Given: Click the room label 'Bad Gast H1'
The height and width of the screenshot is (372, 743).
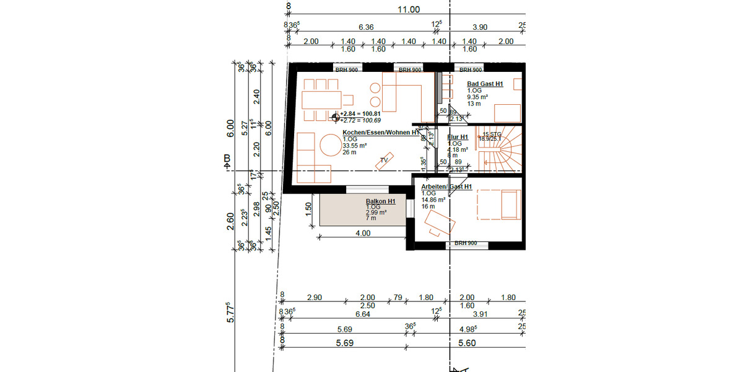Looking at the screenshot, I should [484, 84].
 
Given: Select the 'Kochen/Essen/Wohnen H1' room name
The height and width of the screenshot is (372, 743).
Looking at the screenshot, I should [380, 133].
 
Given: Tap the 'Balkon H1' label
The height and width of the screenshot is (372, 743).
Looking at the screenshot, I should [381, 201].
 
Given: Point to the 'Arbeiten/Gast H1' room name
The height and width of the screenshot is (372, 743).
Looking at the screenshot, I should [446, 187].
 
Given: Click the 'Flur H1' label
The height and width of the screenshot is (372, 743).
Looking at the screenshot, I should [458, 137].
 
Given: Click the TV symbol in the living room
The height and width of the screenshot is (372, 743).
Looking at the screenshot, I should [385, 160].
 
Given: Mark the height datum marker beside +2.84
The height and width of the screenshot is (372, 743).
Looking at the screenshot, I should [336, 116].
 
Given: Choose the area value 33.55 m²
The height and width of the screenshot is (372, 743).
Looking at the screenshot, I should [355, 146].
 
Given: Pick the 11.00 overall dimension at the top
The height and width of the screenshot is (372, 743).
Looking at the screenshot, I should [408, 9].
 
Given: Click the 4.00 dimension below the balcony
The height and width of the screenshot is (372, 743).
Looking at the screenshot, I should [363, 234].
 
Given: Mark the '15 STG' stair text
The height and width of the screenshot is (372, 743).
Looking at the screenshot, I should [492, 134].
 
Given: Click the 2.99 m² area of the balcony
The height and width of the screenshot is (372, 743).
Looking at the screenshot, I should [376, 212].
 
